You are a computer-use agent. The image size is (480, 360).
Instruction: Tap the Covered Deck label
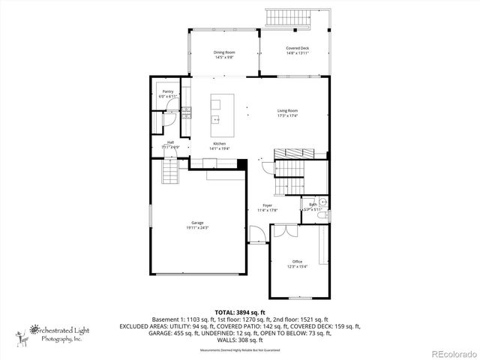point(297,49)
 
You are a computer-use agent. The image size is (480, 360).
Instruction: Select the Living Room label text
point(288,110)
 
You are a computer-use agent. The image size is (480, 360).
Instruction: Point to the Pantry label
point(168,91)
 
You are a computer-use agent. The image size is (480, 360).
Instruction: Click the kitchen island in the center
point(222,110)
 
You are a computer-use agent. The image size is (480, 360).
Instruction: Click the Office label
point(298,261)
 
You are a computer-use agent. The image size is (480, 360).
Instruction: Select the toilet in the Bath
point(322,216)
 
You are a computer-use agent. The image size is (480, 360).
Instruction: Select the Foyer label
point(267,205)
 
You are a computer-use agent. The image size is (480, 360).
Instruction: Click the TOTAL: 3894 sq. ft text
point(240,311)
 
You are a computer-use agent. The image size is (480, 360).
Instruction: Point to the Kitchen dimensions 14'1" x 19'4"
point(220,148)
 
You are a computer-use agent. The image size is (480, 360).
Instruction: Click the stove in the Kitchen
point(186,115)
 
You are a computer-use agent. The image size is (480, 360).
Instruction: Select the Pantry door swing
point(170,116)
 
